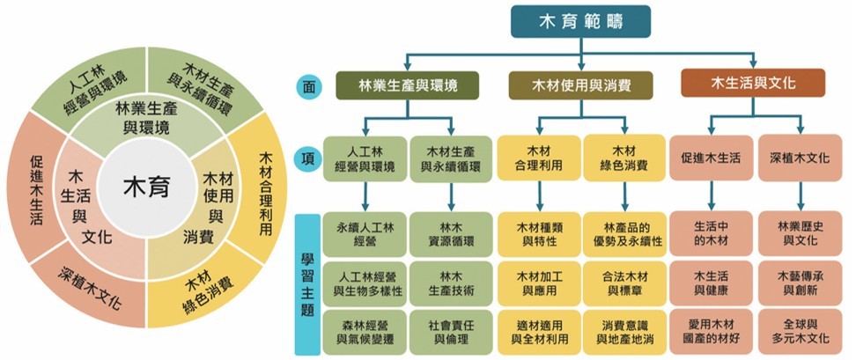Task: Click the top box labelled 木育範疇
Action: (580, 23)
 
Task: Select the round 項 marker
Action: (306, 158)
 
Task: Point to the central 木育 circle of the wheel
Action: (145, 187)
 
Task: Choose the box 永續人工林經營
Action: (360, 232)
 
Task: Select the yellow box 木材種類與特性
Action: (535, 232)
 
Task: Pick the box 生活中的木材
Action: (710, 232)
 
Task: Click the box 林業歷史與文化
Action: (800, 232)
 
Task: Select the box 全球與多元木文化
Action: (800, 330)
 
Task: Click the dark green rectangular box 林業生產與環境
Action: (407, 84)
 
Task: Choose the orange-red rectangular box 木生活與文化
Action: (752, 84)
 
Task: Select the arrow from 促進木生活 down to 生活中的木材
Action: (711, 195)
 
